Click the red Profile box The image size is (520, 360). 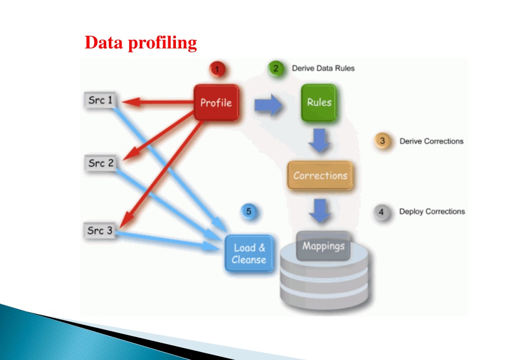click(x=216, y=103)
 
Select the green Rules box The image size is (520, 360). click(x=319, y=103)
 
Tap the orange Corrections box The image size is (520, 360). click(x=320, y=175)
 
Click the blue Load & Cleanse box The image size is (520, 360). click(x=249, y=254)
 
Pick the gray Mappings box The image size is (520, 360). click(x=323, y=246)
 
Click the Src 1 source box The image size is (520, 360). click(x=100, y=100)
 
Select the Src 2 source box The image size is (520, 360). click(x=101, y=163)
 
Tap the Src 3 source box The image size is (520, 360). click(x=100, y=230)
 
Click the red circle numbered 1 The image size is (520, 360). click(x=218, y=69)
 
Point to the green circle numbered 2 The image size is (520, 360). click(x=276, y=69)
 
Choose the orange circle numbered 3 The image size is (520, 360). click(x=382, y=141)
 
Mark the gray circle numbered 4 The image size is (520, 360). click(x=381, y=212)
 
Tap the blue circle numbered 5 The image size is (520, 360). click(x=249, y=212)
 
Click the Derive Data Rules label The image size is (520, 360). click(x=323, y=68)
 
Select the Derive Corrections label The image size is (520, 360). click(x=432, y=141)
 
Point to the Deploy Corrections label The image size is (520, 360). click(x=432, y=212)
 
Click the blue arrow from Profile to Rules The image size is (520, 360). click(x=268, y=105)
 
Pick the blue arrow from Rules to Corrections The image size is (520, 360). click(x=319, y=140)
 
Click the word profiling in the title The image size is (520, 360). click(x=163, y=43)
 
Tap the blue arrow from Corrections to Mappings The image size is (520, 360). click(x=320, y=211)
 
